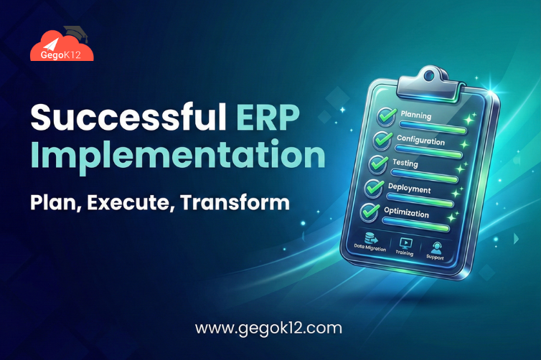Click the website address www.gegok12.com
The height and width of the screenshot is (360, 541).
pos(268,330)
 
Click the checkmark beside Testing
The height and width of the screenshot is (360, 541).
pos(377,164)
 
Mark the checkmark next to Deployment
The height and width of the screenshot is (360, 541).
pos(374,188)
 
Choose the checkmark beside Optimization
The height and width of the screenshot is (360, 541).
pos(370,212)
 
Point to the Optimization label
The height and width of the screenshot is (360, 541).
pos(408,214)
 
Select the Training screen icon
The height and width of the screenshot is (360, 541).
pos(405,242)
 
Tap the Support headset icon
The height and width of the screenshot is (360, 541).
pos(436,246)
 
